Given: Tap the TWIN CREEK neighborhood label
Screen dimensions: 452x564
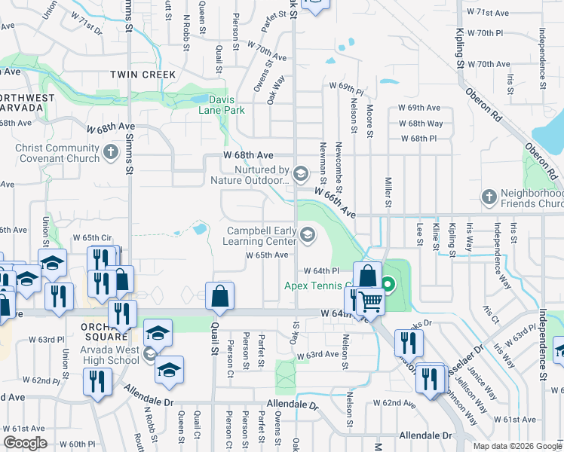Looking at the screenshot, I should (143, 75).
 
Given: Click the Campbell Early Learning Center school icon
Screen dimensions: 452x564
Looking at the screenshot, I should (307, 236).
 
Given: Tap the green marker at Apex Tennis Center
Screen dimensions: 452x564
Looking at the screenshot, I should (388, 285).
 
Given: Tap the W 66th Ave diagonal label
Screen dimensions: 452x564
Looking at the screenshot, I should (336, 202).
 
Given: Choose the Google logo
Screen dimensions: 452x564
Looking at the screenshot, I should (25, 443).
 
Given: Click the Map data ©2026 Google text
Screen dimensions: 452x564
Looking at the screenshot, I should (517, 446).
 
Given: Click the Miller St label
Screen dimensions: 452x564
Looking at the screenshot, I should (388, 193).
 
